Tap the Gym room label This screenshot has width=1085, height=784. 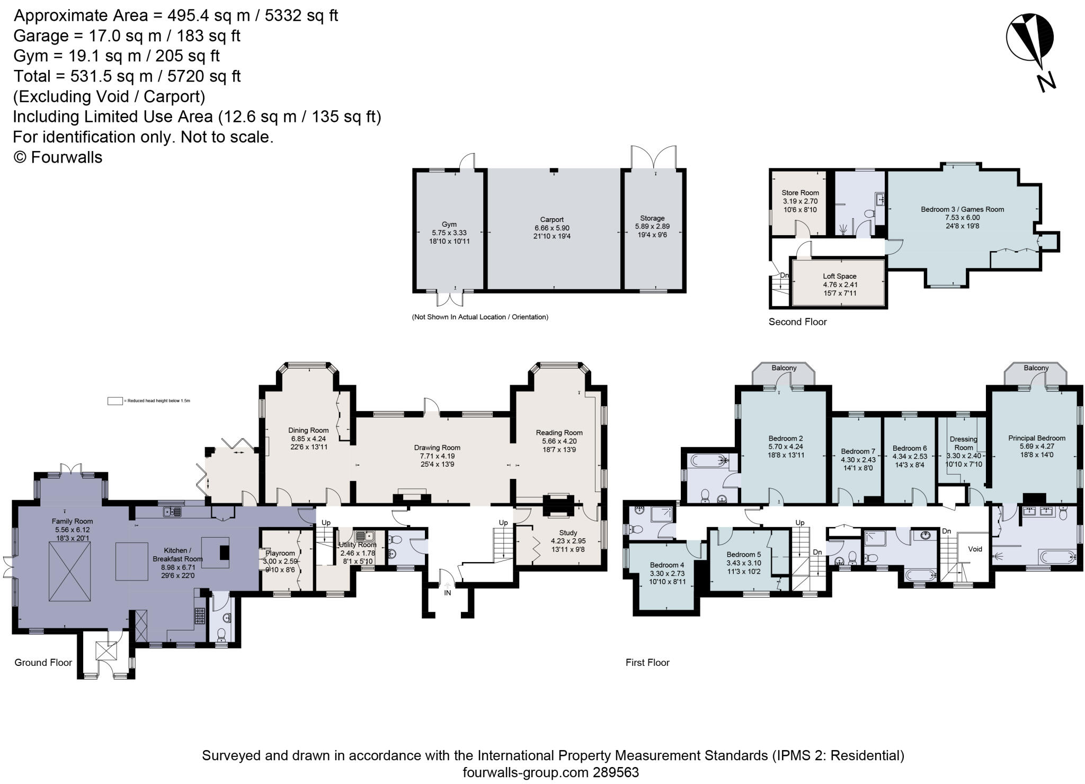[x=449, y=224]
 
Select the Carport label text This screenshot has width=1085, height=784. [x=552, y=219]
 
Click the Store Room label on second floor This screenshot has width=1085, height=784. [x=800, y=193]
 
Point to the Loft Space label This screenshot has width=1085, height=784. [x=839, y=276]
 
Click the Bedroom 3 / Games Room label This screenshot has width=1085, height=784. [x=962, y=209]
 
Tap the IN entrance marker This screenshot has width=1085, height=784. [x=448, y=593]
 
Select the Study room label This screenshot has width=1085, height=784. [x=567, y=532]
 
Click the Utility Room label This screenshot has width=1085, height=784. [x=358, y=545]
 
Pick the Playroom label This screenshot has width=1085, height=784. [x=280, y=553]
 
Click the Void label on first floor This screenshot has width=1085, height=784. [x=975, y=549]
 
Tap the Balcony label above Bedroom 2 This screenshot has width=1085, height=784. [x=784, y=368]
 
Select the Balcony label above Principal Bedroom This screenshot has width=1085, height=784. [x=1036, y=368]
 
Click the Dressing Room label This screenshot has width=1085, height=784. [x=963, y=443]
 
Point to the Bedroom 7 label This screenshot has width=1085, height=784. [x=858, y=451]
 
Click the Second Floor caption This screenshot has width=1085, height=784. [x=797, y=322]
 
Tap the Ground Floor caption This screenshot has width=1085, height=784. [x=43, y=662]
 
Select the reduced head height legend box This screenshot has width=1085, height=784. [x=115, y=401]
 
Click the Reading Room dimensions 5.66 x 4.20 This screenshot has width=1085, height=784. [x=559, y=441]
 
